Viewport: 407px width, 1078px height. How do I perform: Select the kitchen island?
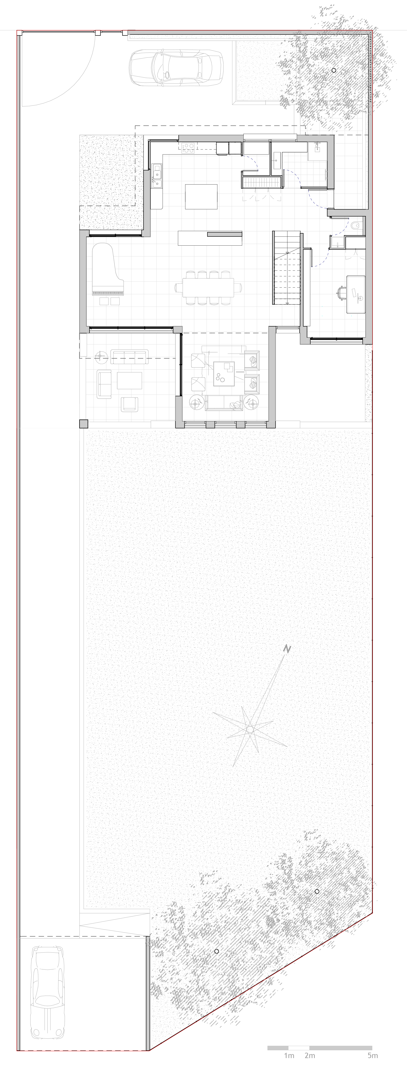pyautogui.click(x=201, y=197)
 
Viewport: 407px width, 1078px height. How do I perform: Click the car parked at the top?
pyautogui.click(x=176, y=68)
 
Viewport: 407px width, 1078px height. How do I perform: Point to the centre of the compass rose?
pyautogui.click(x=250, y=729)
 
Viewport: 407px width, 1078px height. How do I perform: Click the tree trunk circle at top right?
pyautogui.click(x=334, y=70)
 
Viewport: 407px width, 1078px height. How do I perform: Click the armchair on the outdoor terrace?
pyautogui.click(x=130, y=404)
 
